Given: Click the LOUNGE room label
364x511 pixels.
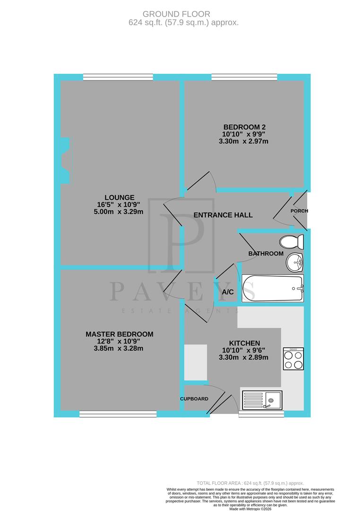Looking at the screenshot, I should (x=120, y=197).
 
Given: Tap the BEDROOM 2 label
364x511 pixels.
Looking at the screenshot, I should (x=244, y=127).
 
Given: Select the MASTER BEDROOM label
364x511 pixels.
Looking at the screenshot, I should (x=119, y=334).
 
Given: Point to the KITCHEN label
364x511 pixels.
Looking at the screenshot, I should (x=244, y=343).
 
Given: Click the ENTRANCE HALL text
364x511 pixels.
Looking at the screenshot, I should (x=223, y=215).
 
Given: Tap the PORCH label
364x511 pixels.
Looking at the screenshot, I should (x=299, y=211).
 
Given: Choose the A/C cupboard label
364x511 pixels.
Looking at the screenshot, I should (x=227, y=292).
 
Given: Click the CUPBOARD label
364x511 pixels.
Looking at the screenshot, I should (x=194, y=399).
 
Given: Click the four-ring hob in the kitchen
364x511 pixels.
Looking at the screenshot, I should (x=293, y=359).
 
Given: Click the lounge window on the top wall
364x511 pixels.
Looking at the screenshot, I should (x=118, y=77).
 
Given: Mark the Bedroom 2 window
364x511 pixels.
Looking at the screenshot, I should (x=244, y=77).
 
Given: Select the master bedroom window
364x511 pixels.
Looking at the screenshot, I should (x=118, y=414).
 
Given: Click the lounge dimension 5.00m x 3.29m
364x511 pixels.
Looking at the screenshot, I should (x=120, y=211).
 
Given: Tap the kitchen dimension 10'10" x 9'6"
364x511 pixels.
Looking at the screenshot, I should (x=244, y=350).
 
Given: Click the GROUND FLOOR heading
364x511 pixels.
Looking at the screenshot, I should (x=183, y=15).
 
